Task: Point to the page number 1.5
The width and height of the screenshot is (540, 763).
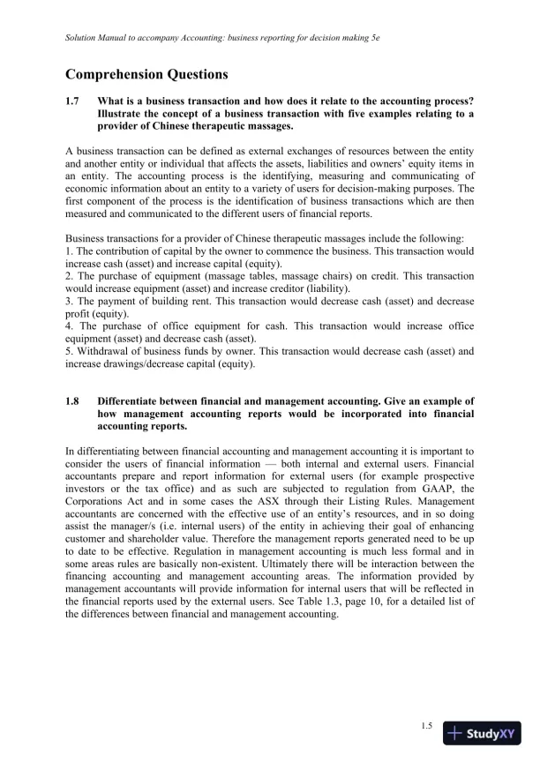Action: [x=426, y=725]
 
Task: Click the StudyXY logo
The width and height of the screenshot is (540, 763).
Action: [x=483, y=732]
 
